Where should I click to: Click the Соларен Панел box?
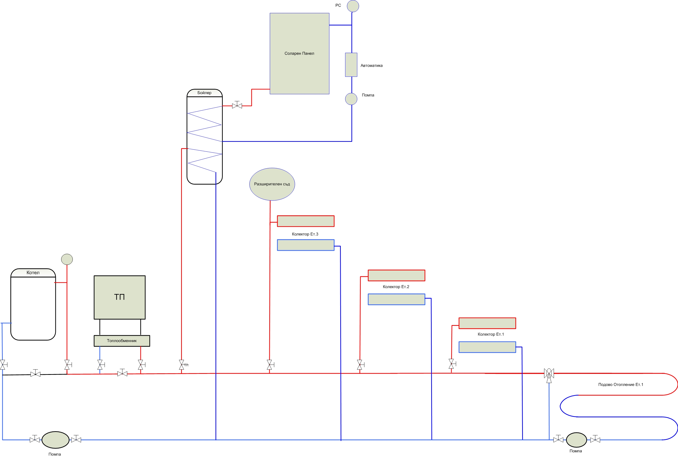[299, 54]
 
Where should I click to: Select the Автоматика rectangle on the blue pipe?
[351, 65]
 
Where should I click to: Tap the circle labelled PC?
[353, 6]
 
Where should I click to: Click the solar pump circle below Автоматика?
[351, 99]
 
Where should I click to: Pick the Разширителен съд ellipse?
[272, 184]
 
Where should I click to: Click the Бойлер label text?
[204, 93]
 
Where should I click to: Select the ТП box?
[119, 297]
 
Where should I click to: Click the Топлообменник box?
[122, 341]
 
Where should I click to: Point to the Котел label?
[33, 272]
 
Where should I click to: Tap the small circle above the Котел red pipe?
[67, 259]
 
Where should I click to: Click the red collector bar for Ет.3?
[305, 221]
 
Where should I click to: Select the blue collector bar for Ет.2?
[396, 299]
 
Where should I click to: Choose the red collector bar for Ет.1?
[487, 323]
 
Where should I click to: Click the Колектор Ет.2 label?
[396, 287]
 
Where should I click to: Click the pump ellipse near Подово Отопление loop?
[576, 440]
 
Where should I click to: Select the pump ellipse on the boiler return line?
[55, 440]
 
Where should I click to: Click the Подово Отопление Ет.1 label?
[621, 384]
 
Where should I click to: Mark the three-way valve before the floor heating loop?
[549, 375]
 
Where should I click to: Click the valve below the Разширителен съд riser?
[270, 364]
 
